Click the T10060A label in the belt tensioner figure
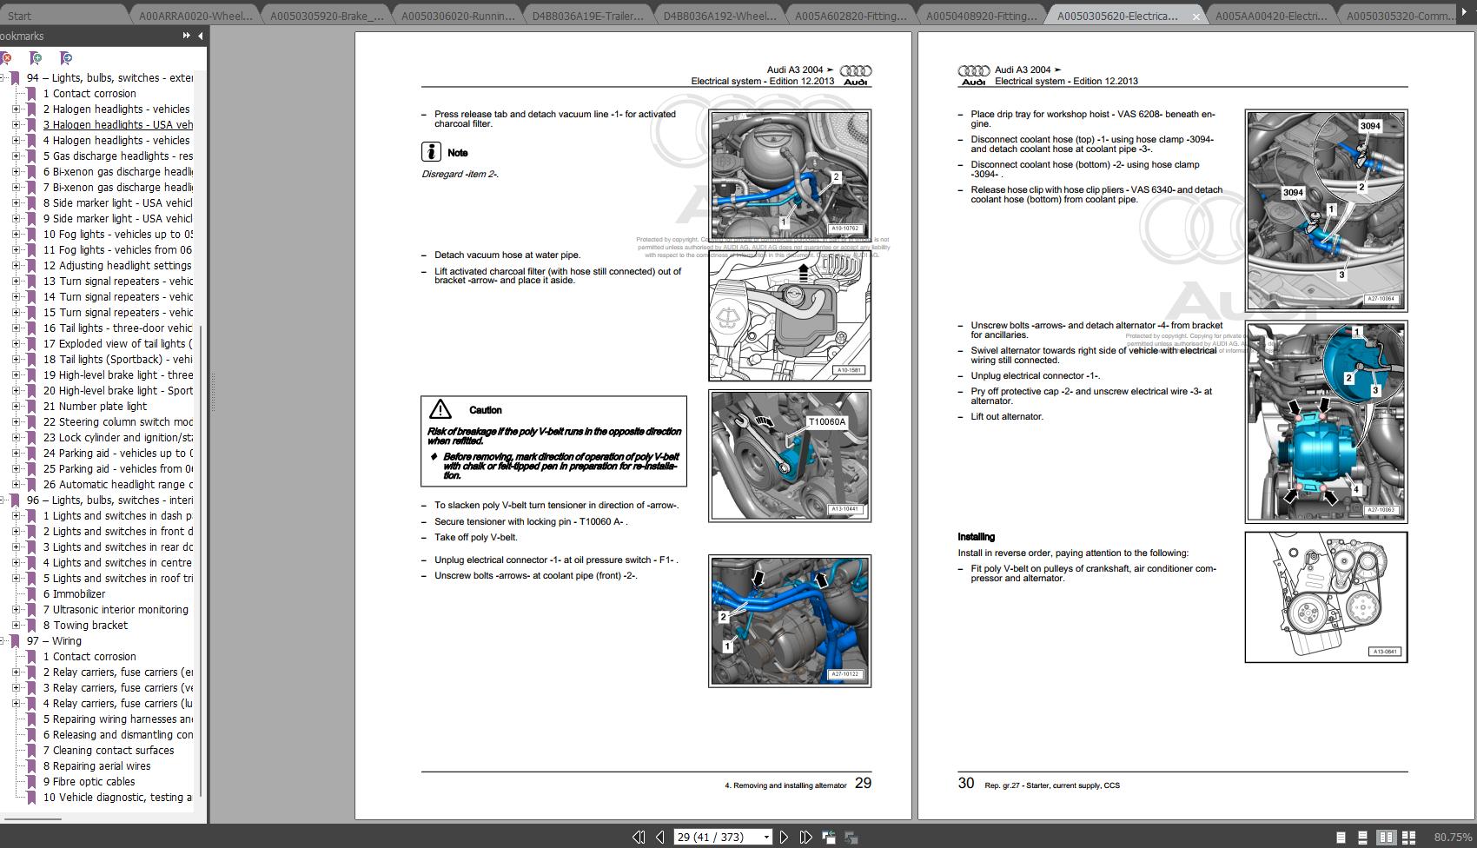[825, 422]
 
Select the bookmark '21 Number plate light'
[95, 407]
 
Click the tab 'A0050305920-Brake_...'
[326, 16]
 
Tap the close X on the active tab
[1196, 17]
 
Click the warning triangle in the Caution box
[440, 409]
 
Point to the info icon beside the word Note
[431, 152]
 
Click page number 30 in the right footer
[965, 783]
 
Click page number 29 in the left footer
[863, 783]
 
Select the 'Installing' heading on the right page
[976, 537]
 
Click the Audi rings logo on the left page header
[857, 71]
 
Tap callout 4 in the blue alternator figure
[1355, 490]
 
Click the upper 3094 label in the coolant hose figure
[1369, 126]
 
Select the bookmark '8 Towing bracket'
[85, 626]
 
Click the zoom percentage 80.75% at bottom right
[1452, 837]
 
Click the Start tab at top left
[19, 16]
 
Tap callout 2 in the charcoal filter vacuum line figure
[836, 177]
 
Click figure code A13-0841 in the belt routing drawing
[1384, 651]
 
